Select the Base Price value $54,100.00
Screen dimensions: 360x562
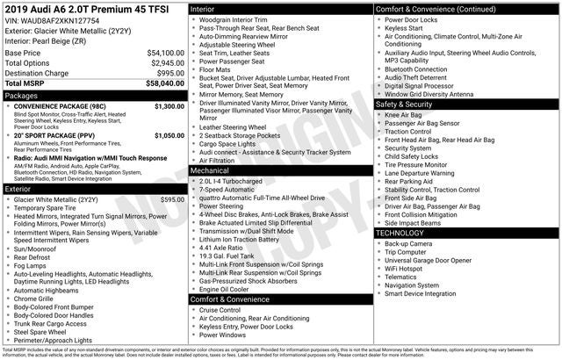click(x=165, y=53)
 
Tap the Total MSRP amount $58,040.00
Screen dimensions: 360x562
click(x=164, y=83)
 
